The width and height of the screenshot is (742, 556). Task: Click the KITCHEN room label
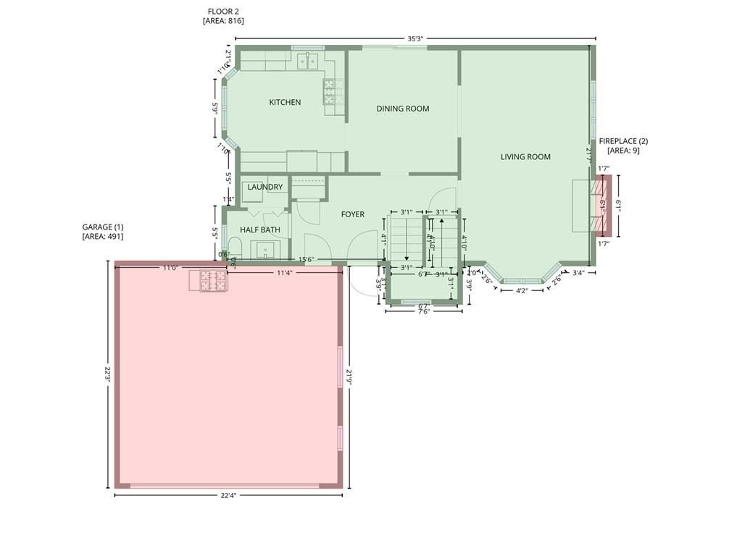pyautogui.click(x=285, y=103)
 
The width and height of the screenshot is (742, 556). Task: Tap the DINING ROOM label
pyautogui.click(x=402, y=109)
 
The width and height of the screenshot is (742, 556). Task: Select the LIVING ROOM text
pyautogui.click(x=525, y=157)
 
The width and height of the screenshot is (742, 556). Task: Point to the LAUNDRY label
pyautogui.click(x=264, y=188)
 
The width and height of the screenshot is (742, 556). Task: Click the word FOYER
pyautogui.click(x=352, y=215)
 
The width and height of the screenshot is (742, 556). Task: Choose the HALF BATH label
pyautogui.click(x=259, y=230)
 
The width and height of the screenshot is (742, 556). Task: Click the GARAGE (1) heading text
pyautogui.click(x=102, y=227)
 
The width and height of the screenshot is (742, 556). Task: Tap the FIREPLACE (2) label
pyautogui.click(x=623, y=141)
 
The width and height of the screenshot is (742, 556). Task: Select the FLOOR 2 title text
pyautogui.click(x=222, y=12)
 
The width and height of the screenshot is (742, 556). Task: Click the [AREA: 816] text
pyautogui.click(x=222, y=21)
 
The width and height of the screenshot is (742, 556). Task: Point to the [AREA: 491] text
pyautogui.click(x=102, y=237)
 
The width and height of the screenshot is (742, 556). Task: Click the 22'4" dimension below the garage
pyautogui.click(x=228, y=496)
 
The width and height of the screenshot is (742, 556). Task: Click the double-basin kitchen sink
pyautogui.click(x=310, y=61)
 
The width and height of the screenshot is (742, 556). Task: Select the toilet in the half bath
pyautogui.click(x=233, y=246)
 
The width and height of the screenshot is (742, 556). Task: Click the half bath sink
pyautogui.click(x=265, y=250)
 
